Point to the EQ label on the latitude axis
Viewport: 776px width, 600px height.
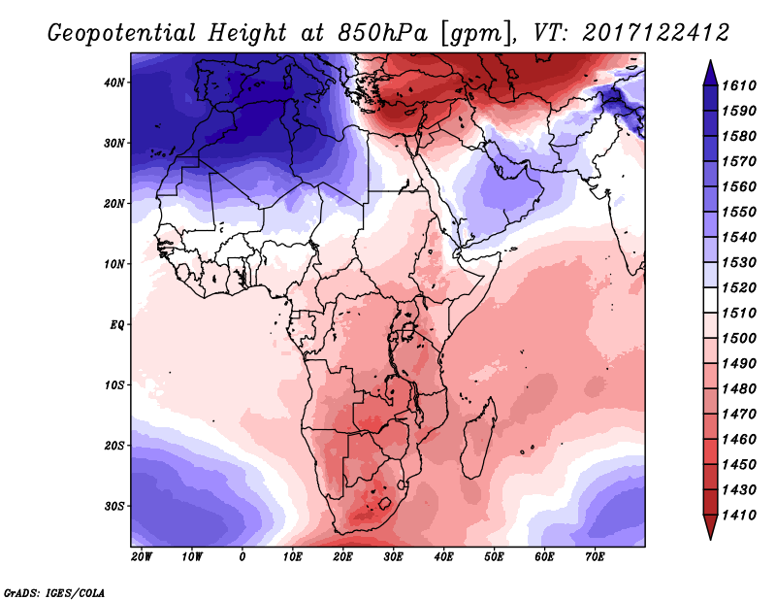116,324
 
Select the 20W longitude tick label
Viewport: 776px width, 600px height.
142,557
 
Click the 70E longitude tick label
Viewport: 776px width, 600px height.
595,557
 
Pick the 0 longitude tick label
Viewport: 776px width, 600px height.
242,557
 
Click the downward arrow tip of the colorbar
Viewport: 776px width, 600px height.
710,535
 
